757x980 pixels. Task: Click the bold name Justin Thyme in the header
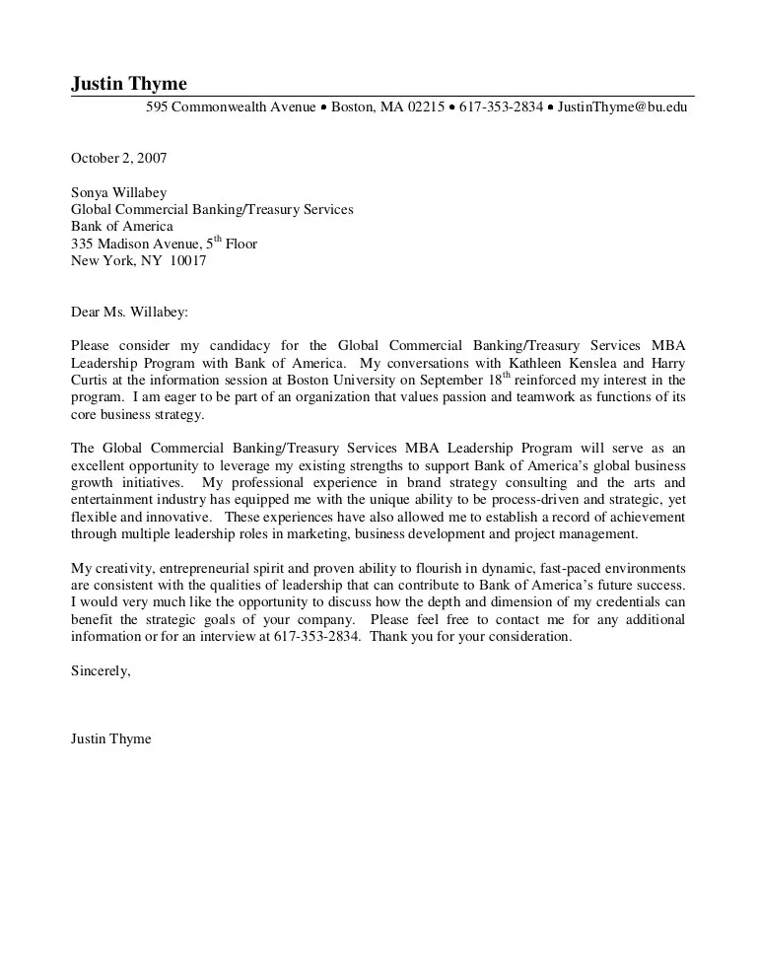pos(129,84)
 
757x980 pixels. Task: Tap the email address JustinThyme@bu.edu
pos(622,107)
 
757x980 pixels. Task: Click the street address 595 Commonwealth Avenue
pos(231,107)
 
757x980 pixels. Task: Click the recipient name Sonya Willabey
pos(118,193)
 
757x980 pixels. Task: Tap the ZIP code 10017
pos(188,261)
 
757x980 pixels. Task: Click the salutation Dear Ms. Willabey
pos(129,313)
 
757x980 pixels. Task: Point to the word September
pos(454,381)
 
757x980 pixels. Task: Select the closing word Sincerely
pos(101,670)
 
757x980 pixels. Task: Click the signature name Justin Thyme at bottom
pos(111,739)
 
